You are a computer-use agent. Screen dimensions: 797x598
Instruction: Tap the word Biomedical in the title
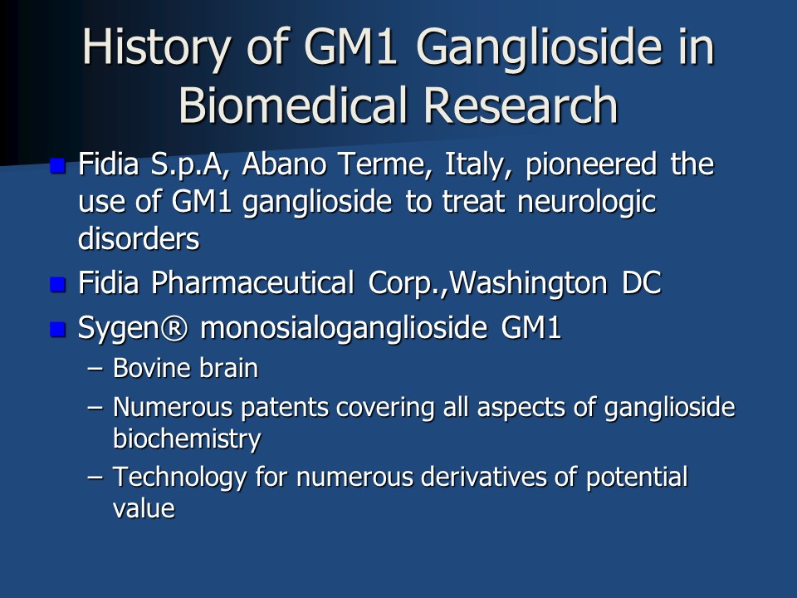point(293,105)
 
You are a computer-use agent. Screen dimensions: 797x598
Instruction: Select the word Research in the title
point(521,105)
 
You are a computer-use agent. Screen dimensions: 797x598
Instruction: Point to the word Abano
point(284,164)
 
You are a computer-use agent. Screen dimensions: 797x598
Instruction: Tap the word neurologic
point(587,202)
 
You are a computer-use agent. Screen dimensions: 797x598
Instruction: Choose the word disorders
point(139,238)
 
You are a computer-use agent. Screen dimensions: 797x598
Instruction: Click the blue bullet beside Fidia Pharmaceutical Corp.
point(58,284)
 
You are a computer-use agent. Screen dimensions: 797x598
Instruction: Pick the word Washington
point(529,283)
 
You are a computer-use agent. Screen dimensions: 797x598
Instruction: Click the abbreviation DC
point(642,282)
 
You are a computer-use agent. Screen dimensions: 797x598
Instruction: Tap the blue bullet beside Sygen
point(58,329)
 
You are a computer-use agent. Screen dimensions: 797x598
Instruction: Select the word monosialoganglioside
point(344,328)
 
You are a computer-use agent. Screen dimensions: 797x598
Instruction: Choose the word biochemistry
point(187,439)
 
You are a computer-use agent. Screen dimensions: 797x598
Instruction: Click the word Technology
point(179,478)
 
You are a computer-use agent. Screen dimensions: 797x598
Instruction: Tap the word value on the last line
point(144,508)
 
